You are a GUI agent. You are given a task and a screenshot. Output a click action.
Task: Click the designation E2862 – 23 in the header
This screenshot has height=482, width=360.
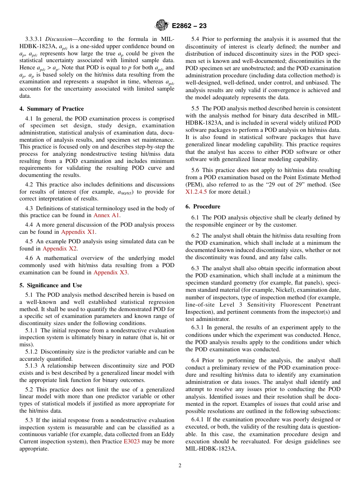pyautogui.click(x=189, y=26)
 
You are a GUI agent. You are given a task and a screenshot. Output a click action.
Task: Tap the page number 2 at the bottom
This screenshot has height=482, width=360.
pyautogui.click(x=180, y=466)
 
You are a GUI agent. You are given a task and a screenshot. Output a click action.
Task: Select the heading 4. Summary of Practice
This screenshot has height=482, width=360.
pyautogui.click(x=52, y=109)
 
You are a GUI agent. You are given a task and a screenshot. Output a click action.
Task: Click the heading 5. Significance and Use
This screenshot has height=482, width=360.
pyautogui.click(x=51, y=285)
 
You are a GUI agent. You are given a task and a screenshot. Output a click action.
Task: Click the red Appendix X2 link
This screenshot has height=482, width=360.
pyautogui.click(x=59, y=249)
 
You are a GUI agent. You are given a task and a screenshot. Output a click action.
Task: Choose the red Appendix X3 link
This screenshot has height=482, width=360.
pyautogui.click(x=110, y=272)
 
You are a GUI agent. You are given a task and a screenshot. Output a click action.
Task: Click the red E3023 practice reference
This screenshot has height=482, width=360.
pyautogui.click(x=131, y=441)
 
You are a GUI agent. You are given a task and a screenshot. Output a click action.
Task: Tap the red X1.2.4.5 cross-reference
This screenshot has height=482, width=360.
pyautogui.click(x=196, y=192)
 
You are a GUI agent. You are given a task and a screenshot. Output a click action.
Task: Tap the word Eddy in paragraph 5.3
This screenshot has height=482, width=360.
pyautogui.click(x=167, y=434)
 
